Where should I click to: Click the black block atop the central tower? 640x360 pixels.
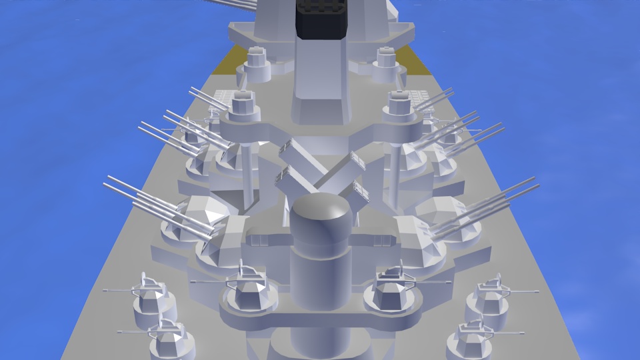322,20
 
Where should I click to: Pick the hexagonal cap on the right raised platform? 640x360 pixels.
399,103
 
